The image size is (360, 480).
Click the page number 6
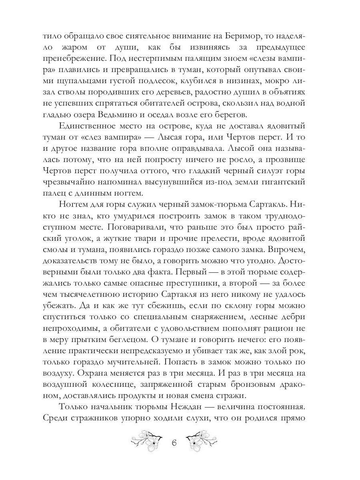click(x=174, y=445)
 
